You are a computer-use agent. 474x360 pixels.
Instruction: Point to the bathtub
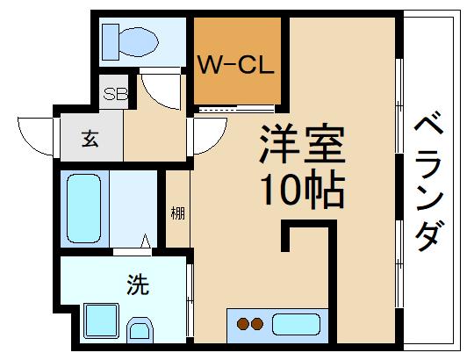coord(83,209)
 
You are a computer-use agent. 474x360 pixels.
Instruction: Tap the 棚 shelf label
coord(178,213)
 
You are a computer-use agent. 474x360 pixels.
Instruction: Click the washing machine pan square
coord(101,320)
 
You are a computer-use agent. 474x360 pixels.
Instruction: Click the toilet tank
coord(111,39)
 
